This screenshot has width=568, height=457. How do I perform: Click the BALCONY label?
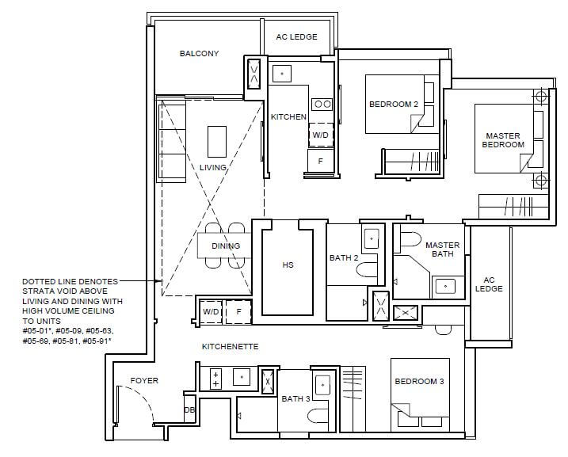(199, 54)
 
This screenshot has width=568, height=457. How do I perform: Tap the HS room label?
(288, 265)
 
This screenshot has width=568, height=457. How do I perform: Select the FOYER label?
(144, 381)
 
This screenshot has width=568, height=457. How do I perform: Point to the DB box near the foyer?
(189, 409)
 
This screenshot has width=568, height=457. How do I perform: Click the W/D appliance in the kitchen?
(321, 135)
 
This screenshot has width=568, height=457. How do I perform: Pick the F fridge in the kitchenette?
(238, 312)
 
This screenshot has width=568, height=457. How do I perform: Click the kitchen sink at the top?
(282, 74)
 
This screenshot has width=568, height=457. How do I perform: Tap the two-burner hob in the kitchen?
(322, 105)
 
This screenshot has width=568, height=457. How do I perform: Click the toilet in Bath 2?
(367, 270)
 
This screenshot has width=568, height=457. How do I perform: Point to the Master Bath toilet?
(407, 240)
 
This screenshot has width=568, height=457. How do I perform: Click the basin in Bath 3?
(322, 385)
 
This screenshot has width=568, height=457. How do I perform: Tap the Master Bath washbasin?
(445, 287)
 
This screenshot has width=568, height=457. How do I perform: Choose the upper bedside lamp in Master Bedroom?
(541, 97)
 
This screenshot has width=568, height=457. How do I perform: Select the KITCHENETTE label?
(231, 347)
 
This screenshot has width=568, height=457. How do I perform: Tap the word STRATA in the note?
(36, 291)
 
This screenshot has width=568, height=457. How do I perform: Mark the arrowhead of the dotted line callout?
(158, 280)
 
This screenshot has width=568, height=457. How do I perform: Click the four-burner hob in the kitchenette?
(215, 379)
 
